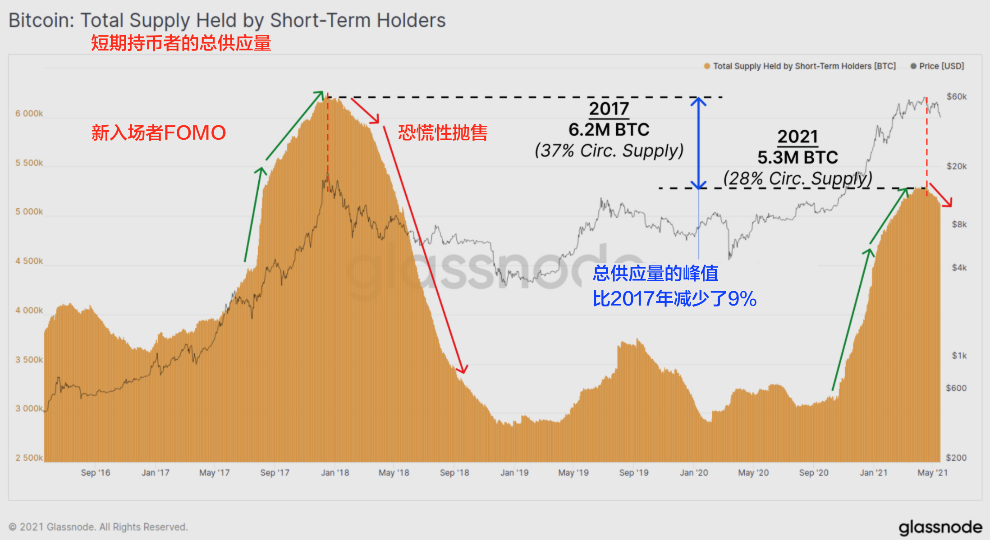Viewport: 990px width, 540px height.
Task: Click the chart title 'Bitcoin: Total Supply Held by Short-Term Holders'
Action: pos(227,21)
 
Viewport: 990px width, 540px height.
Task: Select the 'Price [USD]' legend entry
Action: pos(937,66)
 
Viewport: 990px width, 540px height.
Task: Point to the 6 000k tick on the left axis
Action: pos(29,114)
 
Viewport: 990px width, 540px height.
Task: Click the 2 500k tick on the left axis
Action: pos(29,458)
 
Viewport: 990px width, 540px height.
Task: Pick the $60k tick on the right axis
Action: pos(957,96)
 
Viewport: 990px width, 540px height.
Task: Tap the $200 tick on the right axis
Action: pos(956,458)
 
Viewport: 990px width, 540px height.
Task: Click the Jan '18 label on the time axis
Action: pos(335,473)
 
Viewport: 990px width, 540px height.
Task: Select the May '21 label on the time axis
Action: pos(932,473)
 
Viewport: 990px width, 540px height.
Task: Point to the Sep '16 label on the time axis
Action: pos(95,473)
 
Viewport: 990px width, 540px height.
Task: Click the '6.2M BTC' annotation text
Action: pos(609,130)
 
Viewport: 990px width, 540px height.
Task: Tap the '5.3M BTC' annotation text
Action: pos(797,158)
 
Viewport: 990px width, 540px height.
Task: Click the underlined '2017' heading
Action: pos(609,109)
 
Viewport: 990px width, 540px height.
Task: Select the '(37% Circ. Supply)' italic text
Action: pos(609,151)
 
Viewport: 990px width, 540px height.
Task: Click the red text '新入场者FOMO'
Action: pos(158,133)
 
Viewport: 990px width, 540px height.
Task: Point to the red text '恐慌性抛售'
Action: pos(442,133)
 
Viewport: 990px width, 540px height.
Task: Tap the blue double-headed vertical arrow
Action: pos(698,143)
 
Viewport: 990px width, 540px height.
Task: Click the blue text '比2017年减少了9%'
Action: pos(674,299)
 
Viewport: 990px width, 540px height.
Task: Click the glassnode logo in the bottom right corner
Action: pos(940,527)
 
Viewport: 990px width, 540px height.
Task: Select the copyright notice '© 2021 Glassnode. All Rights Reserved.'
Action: pos(98,527)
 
